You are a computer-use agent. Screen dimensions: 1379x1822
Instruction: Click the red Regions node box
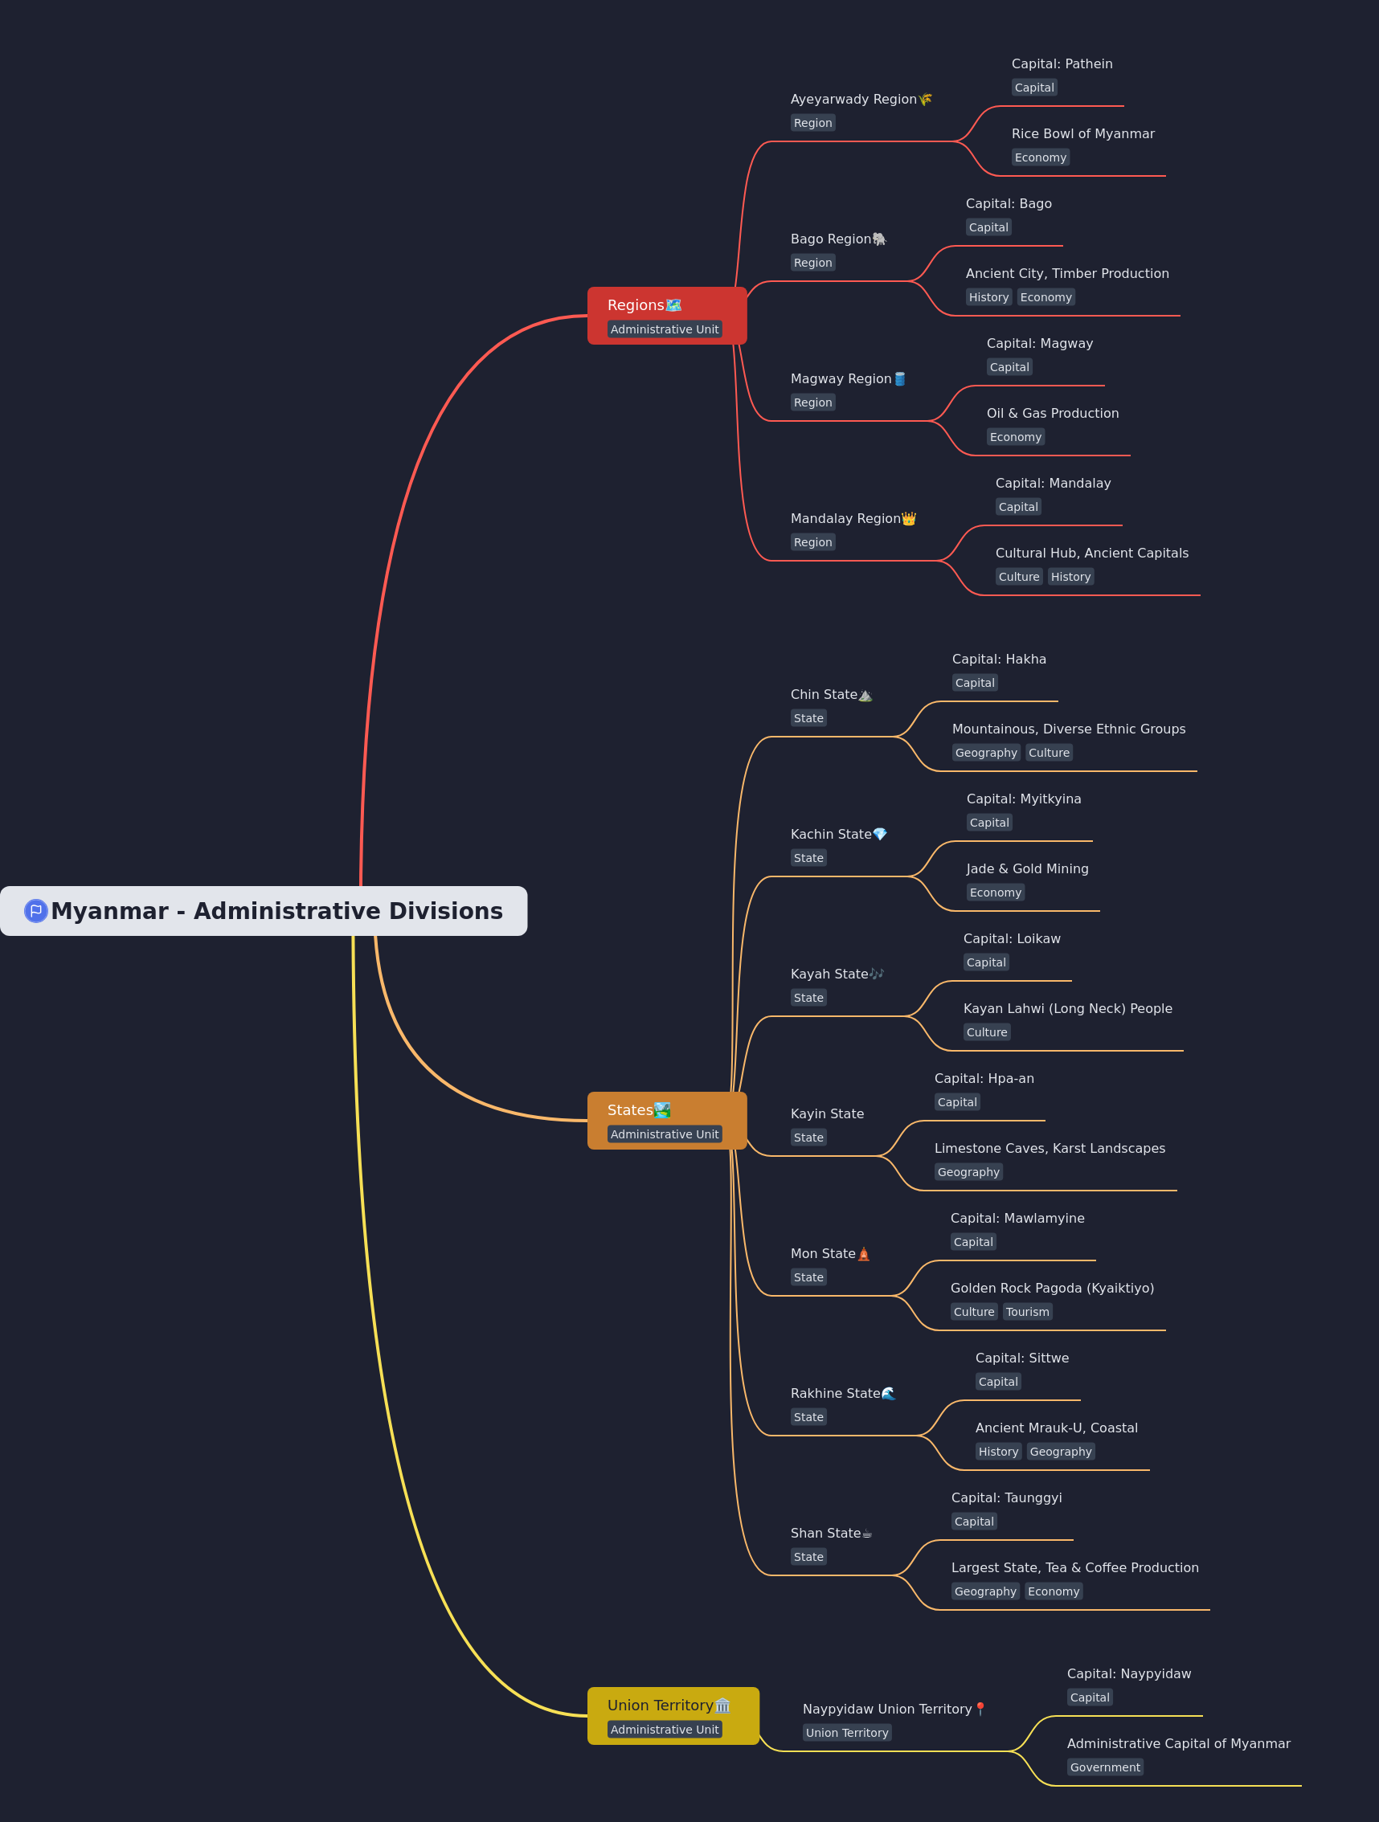tap(666, 316)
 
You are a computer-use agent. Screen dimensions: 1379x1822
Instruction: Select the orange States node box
tap(666, 1120)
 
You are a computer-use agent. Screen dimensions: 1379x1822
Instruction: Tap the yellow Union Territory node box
tap(673, 1716)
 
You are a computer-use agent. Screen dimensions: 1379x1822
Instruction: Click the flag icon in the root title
tap(35, 910)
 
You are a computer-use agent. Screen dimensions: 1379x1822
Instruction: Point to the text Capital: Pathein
tap(1062, 63)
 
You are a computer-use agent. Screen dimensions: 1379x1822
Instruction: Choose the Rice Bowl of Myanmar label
tap(1082, 133)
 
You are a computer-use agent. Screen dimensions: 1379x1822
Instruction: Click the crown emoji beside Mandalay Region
tap(909, 518)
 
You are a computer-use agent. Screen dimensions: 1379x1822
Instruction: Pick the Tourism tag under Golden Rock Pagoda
tap(1027, 1311)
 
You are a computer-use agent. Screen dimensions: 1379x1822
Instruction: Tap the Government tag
tap(1105, 1767)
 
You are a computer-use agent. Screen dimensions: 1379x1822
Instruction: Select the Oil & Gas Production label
tap(1053, 413)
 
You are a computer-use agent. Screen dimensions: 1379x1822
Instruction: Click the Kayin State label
tap(827, 1113)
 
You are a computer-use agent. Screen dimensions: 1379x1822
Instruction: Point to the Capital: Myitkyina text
tap(1024, 799)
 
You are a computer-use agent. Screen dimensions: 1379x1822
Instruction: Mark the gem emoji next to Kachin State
tap(880, 834)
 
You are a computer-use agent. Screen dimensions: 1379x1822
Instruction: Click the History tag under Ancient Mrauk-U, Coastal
tap(998, 1452)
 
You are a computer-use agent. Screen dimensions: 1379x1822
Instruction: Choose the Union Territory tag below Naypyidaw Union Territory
tap(847, 1732)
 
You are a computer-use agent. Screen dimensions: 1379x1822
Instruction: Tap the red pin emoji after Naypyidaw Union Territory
tap(980, 1709)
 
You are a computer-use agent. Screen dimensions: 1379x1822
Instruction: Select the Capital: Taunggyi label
tap(1007, 1497)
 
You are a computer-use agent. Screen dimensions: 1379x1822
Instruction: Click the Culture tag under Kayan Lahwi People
tap(987, 1032)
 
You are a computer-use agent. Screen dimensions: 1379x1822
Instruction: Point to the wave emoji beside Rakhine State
tap(888, 1393)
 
